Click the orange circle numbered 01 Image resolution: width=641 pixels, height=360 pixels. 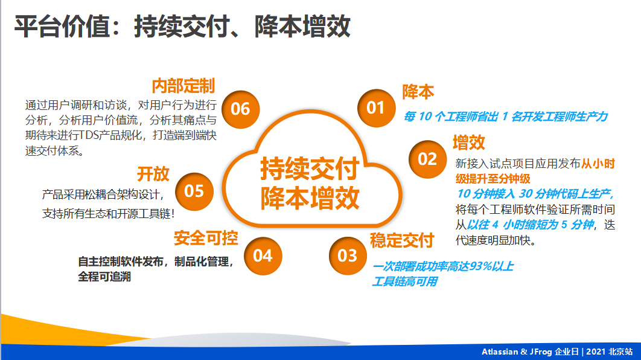(376, 108)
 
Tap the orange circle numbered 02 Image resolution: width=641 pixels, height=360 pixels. (427, 159)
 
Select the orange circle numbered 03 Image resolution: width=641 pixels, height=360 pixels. (348, 256)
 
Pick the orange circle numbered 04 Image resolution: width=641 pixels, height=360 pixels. (263, 256)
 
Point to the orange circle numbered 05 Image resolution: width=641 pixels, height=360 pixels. (194, 191)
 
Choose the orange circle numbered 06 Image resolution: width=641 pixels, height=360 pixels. (240, 109)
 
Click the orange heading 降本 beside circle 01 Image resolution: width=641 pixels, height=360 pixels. (418, 92)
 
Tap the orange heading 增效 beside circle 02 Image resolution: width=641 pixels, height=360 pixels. (469, 143)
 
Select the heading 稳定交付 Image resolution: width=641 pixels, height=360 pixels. (402, 240)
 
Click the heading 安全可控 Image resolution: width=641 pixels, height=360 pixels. (206, 237)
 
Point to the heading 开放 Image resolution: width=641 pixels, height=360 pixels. (153, 174)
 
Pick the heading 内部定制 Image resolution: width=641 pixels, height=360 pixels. (183, 86)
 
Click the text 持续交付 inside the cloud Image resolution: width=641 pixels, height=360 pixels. (310, 169)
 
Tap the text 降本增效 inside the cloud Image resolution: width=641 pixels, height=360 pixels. (310, 198)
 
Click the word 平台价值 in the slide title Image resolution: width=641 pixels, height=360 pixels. (63, 27)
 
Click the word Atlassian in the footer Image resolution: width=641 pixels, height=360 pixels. (500, 352)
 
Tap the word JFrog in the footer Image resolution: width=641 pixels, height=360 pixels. (541, 352)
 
